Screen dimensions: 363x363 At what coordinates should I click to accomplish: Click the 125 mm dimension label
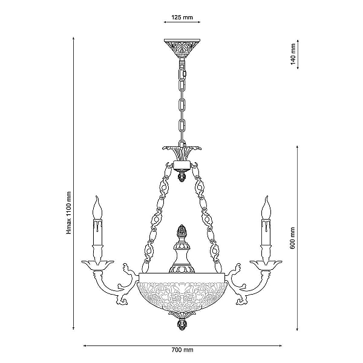(x=182, y=18)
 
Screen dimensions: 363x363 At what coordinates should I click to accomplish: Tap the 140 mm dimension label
(x=293, y=54)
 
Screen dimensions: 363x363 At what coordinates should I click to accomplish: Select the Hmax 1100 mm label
(x=69, y=213)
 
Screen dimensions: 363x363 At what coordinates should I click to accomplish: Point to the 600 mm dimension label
(x=292, y=238)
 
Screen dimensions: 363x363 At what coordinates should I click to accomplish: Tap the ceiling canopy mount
(x=182, y=48)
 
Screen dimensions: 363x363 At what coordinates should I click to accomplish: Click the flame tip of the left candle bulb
(x=97, y=197)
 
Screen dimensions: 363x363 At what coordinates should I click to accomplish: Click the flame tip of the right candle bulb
(x=267, y=197)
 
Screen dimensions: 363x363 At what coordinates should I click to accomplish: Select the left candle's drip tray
(x=97, y=265)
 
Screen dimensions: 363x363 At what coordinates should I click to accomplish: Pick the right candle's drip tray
(x=266, y=265)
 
